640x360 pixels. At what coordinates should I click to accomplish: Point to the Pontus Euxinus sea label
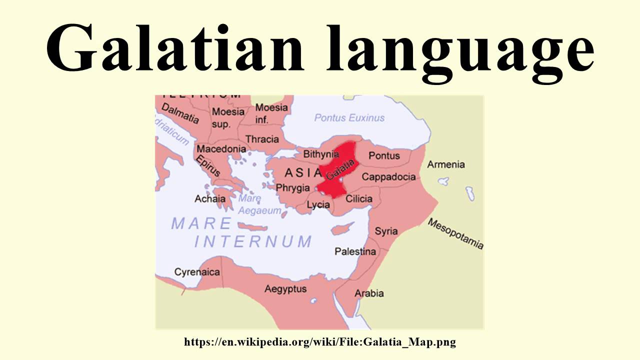pos(349,118)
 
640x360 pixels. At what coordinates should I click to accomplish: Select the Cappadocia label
pos(388,177)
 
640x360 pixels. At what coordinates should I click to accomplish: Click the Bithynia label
pos(321,154)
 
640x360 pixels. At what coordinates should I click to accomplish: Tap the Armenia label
pos(445,164)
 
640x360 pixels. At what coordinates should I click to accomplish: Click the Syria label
pos(386,231)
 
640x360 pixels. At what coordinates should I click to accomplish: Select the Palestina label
pos(355,251)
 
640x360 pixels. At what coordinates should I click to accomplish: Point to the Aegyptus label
pos(285,289)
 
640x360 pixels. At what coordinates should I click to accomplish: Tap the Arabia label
pos(369,293)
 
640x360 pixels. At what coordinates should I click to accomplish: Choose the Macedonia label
pos(221,149)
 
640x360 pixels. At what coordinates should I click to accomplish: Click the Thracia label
pos(262,139)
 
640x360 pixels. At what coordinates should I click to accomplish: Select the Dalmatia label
pos(179,113)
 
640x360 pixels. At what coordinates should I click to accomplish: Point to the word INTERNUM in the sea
pos(253,241)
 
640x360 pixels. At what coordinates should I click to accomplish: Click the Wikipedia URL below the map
pos(320,342)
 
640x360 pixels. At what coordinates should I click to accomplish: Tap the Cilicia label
pos(359,199)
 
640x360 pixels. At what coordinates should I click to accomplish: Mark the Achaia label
pos(210,199)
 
